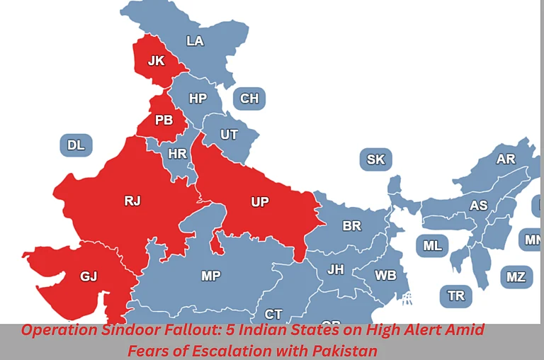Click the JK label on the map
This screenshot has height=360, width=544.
coord(156,61)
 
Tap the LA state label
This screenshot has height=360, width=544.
coord(195,41)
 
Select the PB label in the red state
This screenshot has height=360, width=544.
coord(164,120)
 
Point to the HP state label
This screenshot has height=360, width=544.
coord(198,99)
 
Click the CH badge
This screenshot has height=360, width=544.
coord(249,99)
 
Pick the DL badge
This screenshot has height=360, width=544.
coord(76,145)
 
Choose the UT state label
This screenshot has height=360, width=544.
coord(229,134)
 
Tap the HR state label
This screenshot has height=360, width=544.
coord(177,153)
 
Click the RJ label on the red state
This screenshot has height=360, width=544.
coord(132,201)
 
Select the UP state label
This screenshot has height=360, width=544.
coord(260,202)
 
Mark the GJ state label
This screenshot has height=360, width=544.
coord(89,276)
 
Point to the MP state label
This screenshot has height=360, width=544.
coord(210,276)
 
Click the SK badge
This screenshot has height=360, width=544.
coord(375,159)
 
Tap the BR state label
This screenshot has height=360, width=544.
coord(352,226)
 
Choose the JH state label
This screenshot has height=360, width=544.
coord(336,269)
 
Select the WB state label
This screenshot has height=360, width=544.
coord(385,275)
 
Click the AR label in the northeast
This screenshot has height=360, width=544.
coord(506,159)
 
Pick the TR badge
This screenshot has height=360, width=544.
coord(456,295)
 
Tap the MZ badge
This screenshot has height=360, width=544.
coord(516,276)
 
